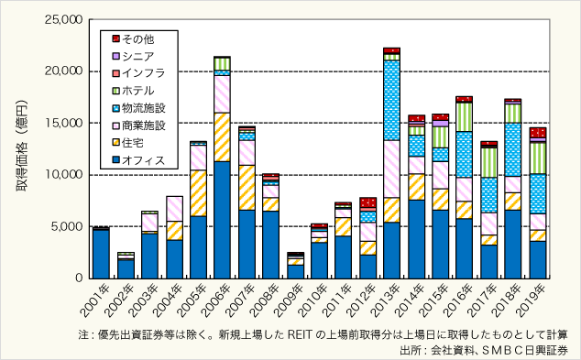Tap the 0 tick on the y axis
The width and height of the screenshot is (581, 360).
(x=78, y=278)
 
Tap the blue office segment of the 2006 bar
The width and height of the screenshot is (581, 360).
(x=222, y=220)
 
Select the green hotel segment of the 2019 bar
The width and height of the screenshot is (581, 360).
(x=538, y=157)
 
